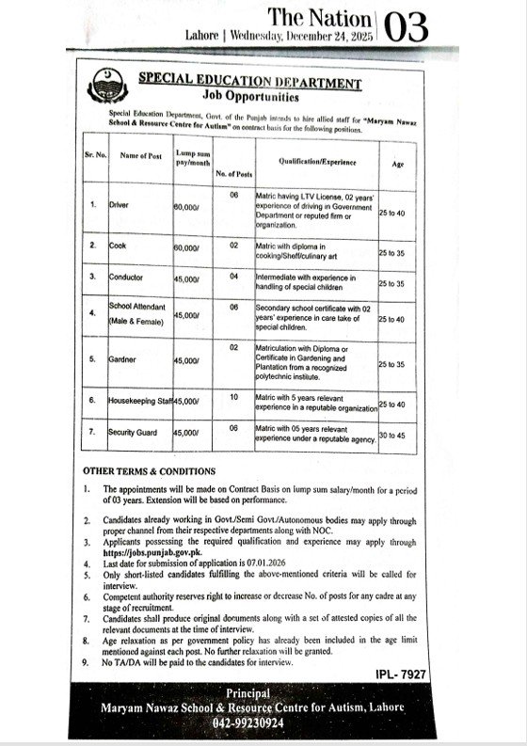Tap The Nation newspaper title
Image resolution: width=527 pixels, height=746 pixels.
[x=321, y=18]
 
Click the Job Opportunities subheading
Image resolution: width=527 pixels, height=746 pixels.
[x=249, y=97]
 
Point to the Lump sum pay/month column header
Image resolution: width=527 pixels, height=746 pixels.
[x=192, y=157]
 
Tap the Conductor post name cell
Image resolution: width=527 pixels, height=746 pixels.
[x=125, y=279]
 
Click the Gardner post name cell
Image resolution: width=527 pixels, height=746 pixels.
[x=121, y=359]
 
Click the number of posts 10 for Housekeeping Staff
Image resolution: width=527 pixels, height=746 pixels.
[x=233, y=398]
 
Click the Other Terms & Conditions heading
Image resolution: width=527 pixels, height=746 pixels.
[x=149, y=470]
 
